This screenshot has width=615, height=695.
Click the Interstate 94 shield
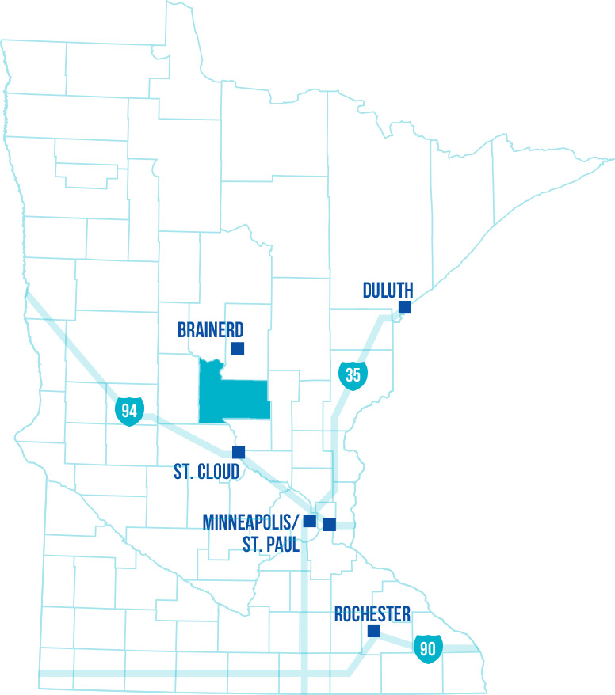point(128,410)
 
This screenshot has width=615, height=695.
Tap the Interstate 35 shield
point(353,374)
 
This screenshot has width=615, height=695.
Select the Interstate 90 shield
point(428,647)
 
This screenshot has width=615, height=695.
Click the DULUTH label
point(388,290)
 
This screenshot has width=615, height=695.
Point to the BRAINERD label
point(211,330)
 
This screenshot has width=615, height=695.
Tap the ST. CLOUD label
point(206,473)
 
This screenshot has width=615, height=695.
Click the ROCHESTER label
point(372,614)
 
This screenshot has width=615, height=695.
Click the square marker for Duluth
point(405,307)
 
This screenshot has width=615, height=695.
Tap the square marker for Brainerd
point(238,347)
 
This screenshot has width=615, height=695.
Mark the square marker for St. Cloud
point(239,451)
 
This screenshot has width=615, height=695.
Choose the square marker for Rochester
point(374,631)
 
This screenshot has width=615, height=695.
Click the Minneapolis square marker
point(310,520)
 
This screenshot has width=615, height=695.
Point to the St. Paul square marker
point(330,524)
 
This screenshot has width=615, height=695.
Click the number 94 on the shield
point(128,410)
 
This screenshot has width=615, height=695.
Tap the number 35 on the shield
point(353,374)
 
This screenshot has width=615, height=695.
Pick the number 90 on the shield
point(428,648)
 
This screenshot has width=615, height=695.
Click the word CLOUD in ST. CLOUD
point(217,473)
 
